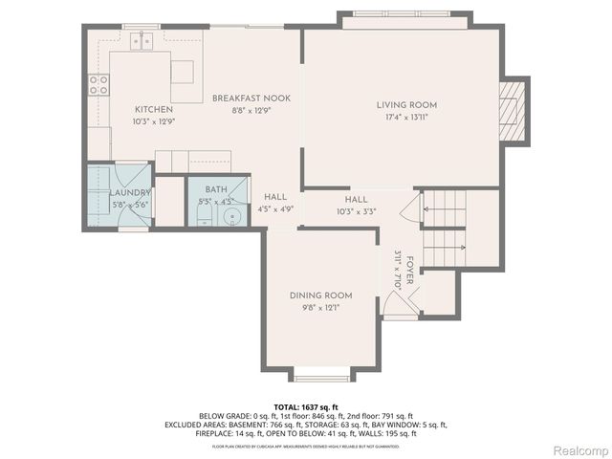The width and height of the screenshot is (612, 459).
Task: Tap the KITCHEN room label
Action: click(x=154, y=110)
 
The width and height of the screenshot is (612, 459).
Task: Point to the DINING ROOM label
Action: click(x=321, y=295)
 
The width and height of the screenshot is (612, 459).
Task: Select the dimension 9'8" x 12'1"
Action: click(x=321, y=308)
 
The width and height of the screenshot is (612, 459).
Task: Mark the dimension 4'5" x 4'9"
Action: click(x=275, y=208)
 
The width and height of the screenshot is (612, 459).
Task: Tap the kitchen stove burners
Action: click(x=98, y=84)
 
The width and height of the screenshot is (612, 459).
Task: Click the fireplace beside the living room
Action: click(x=514, y=110)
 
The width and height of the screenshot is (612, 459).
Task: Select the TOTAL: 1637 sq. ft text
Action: click(x=305, y=406)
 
